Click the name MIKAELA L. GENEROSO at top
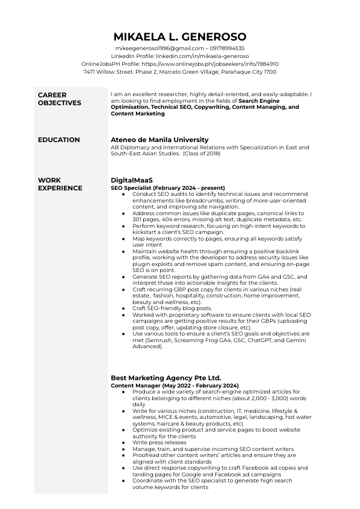pos(180,36)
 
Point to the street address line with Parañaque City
pos(180,71)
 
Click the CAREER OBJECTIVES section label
pos(59,99)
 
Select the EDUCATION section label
pos(59,140)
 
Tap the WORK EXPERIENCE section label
pos(60,184)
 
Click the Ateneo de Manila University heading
pos(159,140)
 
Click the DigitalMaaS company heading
pos(132,180)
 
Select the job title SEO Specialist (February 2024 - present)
pos(167,187)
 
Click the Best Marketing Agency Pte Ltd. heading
pos(166,378)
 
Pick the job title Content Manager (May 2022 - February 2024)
pos(175,385)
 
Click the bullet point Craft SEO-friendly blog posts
pos(172,308)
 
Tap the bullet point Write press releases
pos(159,442)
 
